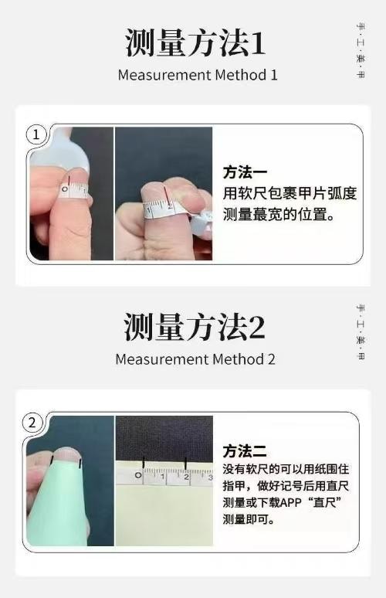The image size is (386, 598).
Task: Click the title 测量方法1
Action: pyautogui.click(x=195, y=43)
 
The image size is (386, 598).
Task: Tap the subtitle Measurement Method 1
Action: pyautogui.click(x=197, y=75)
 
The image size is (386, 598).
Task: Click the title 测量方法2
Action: pyautogui.click(x=195, y=328)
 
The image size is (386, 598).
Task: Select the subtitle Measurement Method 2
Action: pyautogui.click(x=195, y=359)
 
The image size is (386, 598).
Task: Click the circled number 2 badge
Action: pyautogui.click(x=32, y=422)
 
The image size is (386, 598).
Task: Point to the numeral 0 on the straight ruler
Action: pyautogui.click(x=139, y=477)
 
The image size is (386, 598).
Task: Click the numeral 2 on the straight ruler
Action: pyautogui.click(x=186, y=477)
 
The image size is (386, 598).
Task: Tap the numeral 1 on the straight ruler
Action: pyautogui.click(x=162, y=477)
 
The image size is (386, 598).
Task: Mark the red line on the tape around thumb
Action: pyautogui.click(x=68, y=185)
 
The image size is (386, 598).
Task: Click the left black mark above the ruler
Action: pyautogui.click(x=143, y=463)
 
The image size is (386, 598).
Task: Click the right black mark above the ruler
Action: pyautogui.click(x=185, y=463)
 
